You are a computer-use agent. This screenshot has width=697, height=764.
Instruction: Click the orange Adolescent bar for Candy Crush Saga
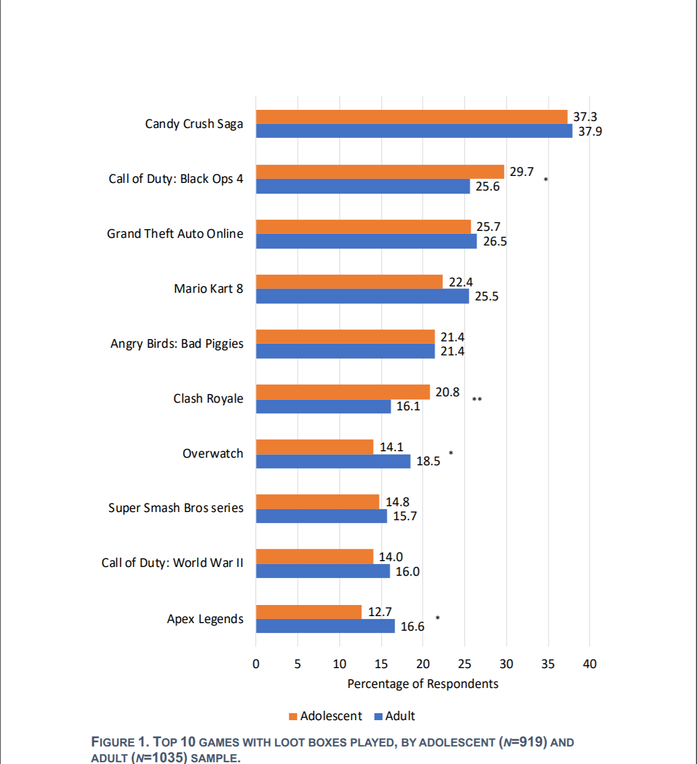(412, 117)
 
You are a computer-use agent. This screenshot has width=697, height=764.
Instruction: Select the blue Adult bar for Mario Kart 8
(363, 296)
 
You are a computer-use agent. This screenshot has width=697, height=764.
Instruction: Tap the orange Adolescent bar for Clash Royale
(343, 392)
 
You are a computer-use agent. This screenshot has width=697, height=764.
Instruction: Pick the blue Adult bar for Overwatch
(333, 461)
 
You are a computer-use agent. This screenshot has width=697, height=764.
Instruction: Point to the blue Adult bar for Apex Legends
(325, 626)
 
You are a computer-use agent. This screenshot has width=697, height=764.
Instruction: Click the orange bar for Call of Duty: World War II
(315, 556)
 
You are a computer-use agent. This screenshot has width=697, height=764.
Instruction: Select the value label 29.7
(522, 172)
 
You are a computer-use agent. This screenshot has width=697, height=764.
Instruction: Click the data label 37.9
(590, 132)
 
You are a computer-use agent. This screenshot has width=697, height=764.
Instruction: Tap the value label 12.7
(380, 612)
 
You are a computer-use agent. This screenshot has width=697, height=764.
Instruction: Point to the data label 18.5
(428, 461)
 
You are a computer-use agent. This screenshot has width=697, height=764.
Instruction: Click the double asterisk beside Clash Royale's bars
(477, 400)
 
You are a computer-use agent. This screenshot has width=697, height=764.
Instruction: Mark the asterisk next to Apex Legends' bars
(437, 618)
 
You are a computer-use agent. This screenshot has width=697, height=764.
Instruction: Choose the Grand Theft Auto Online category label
(175, 234)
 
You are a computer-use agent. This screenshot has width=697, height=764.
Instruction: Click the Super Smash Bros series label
(175, 508)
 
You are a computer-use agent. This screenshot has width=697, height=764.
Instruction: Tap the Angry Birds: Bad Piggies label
(177, 344)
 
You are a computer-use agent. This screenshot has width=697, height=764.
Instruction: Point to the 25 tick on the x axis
(464, 664)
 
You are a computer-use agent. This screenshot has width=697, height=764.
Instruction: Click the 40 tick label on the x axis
(589, 664)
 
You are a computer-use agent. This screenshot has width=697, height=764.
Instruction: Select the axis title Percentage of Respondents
(423, 684)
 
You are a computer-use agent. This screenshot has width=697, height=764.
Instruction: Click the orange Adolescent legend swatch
(293, 717)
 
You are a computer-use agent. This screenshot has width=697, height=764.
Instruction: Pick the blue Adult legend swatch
(378, 717)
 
